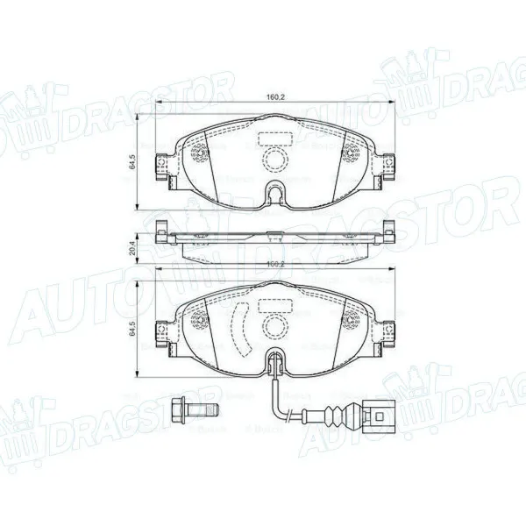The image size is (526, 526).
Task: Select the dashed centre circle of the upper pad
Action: [x=278, y=160]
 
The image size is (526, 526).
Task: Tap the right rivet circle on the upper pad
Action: [x=351, y=156]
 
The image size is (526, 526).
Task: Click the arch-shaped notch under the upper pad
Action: [x=278, y=191]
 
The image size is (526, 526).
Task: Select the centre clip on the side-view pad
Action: [x=274, y=233]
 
